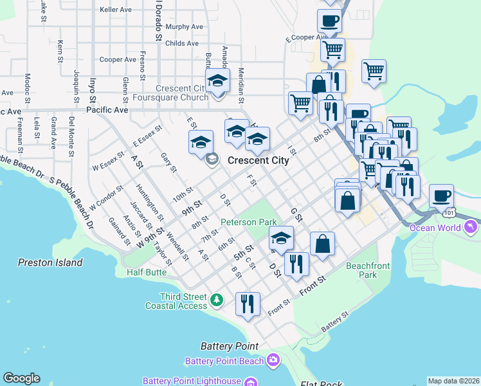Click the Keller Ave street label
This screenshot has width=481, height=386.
point(116,10)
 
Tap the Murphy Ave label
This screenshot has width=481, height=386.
point(184,27)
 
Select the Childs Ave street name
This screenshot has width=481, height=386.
point(181,44)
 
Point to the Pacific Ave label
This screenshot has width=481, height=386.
point(107,110)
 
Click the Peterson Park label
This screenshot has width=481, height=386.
point(248,222)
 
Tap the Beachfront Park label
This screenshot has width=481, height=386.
point(370,270)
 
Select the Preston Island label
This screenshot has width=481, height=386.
point(50,262)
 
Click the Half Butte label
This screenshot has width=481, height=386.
point(147,272)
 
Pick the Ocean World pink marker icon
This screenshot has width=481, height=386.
point(472,227)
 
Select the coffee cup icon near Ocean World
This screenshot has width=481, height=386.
point(441,195)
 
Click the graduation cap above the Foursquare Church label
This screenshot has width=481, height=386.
point(217,81)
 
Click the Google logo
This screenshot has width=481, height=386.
point(21,378)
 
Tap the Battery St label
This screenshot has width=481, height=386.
point(334,320)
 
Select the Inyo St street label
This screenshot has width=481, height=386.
point(93,87)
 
